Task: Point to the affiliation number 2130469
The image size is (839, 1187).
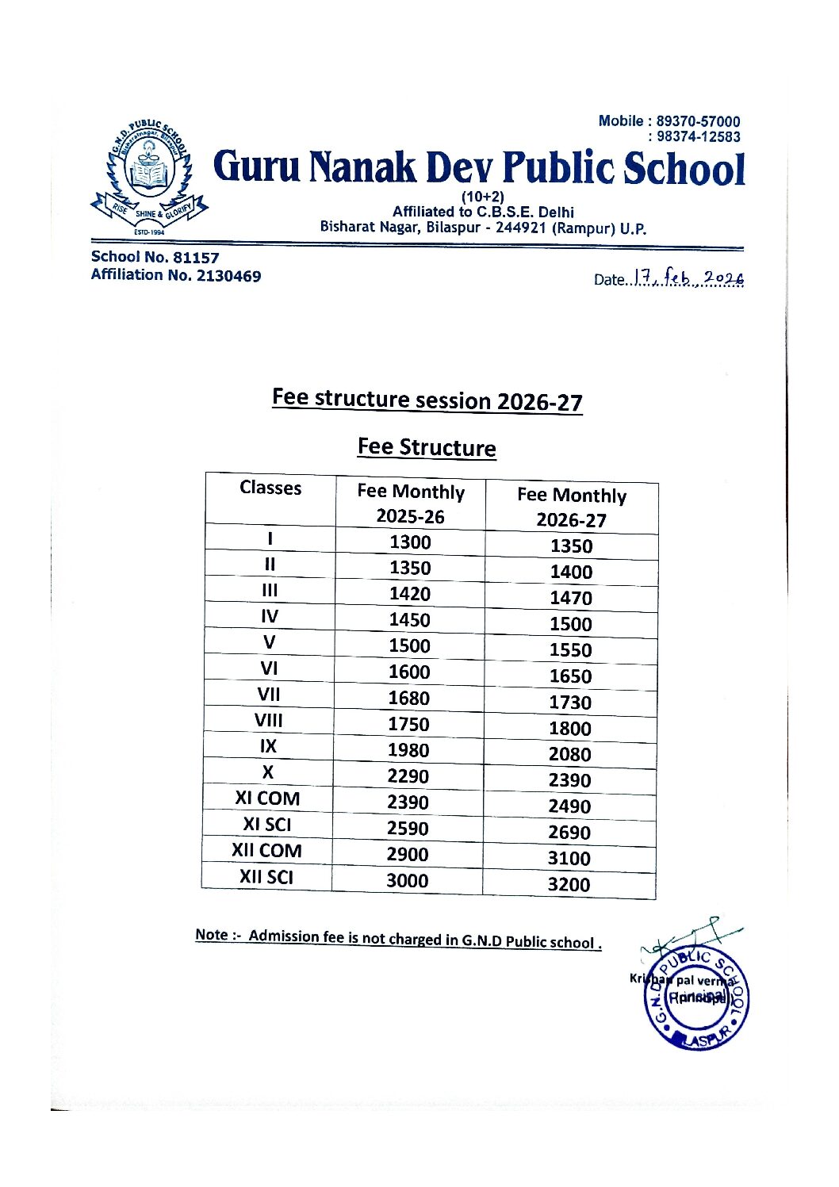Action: tap(228, 276)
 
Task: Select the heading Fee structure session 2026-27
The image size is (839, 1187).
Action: tap(427, 400)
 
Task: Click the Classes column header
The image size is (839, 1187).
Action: tap(270, 488)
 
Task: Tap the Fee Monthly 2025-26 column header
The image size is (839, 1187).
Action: tap(410, 504)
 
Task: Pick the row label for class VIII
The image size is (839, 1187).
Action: tap(268, 721)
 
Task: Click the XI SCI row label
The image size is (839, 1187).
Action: tap(267, 825)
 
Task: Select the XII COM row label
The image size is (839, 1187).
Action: tap(266, 851)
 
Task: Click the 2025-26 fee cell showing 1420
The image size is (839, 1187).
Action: tap(409, 594)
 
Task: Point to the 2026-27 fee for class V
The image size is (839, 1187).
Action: tap(571, 650)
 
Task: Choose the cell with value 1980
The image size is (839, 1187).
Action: tap(408, 750)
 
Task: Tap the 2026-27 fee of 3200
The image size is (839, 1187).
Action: tap(569, 884)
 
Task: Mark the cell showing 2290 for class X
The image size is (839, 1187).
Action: tap(408, 776)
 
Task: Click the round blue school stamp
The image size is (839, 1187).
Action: tap(696, 997)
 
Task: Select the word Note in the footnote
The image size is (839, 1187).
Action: tap(212, 935)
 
